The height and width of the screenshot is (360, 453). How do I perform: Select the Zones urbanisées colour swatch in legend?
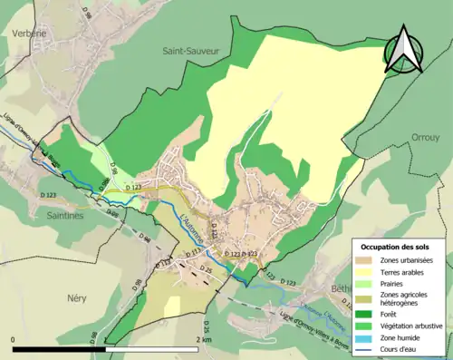pyautogui.click(x=366, y=260)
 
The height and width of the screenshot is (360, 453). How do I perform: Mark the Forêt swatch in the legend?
pyautogui.click(x=366, y=314)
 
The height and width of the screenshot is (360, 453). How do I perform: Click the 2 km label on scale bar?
pyautogui.click(x=203, y=338)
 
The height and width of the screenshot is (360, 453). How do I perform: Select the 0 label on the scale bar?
pyautogui.click(x=14, y=338)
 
